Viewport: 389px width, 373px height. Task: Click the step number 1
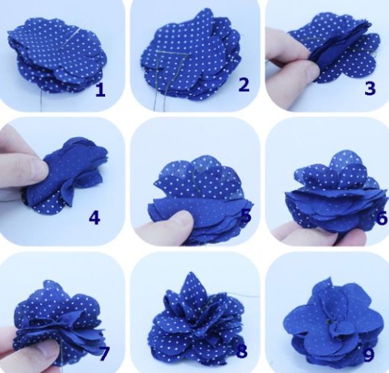(x=100, y=90)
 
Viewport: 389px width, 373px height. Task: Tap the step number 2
(x=244, y=85)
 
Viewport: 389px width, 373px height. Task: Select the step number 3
(x=370, y=89)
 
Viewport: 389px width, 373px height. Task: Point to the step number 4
(x=94, y=218)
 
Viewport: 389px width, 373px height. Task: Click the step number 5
(x=246, y=215)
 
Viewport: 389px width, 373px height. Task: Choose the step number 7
(x=104, y=353)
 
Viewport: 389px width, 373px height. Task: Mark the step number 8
(x=242, y=351)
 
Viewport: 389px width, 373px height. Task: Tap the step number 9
(x=369, y=355)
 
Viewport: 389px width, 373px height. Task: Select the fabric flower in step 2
(x=191, y=58)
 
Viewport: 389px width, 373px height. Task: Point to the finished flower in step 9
(x=332, y=322)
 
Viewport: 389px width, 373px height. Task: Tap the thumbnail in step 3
(x=311, y=70)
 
